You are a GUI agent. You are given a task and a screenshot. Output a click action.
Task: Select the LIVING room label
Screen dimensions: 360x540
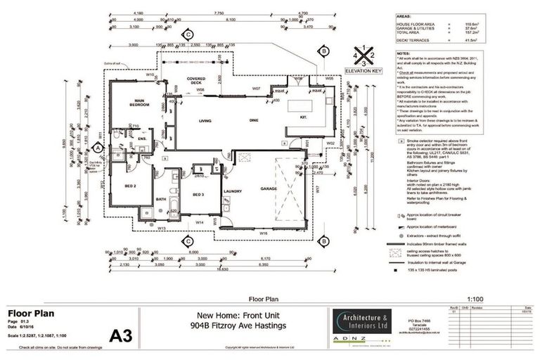[205, 122]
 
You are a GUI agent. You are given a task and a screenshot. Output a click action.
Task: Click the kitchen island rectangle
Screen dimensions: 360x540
[302, 107]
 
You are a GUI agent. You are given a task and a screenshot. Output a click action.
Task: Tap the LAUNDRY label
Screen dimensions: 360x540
[233, 191]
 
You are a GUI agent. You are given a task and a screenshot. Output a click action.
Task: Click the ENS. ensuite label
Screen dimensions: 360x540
[140, 139]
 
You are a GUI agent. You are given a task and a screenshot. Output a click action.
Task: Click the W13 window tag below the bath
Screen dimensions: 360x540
[161, 228]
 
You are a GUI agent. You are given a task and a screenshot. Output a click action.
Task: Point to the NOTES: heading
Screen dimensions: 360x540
[404, 52]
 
